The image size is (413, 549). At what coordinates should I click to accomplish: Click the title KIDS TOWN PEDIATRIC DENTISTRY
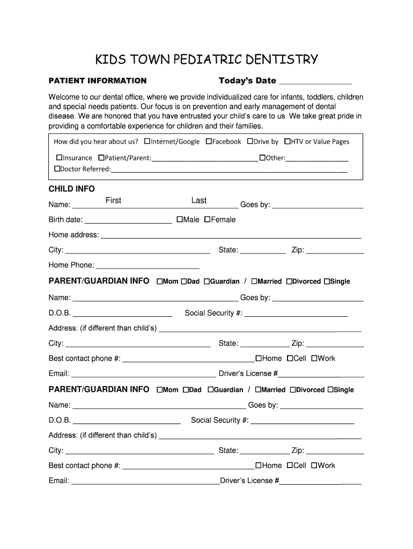[x=206, y=59]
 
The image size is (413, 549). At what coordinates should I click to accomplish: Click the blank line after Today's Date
[x=315, y=81]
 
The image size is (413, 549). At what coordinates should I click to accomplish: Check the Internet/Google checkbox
[x=147, y=142]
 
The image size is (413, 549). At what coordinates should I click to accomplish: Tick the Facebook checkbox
[x=209, y=142]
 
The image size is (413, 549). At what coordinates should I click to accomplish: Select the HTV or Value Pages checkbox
[x=287, y=142]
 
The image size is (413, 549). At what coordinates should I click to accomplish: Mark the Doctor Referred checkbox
[x=57, y=169]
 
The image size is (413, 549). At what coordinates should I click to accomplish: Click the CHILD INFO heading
[x=72, y=189]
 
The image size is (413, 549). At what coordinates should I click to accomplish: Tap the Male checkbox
[x=180, y=219]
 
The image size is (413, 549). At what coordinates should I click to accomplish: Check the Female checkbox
[x=208, y=219]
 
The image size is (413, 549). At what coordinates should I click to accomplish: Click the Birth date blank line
[x=128, y=220]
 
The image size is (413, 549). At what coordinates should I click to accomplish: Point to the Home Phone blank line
[x=147, y=266]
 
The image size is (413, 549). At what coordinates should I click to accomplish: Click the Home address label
[x=73, y=235]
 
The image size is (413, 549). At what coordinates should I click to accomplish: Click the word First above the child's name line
[x=113, y=201]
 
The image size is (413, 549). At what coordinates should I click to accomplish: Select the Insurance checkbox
[x=60, y=158]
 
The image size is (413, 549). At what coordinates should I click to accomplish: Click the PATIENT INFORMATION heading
[x=98, y=81]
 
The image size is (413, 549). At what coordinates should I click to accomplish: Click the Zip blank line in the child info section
[x=335, y=251]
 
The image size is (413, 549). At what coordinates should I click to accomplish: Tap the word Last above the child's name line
[x=199, y=201]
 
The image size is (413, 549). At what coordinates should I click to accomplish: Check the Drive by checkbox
[x=250, y=142]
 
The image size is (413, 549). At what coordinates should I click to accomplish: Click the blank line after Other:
[x=317, y=159]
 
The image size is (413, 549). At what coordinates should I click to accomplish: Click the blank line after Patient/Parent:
[x=204, y=159]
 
